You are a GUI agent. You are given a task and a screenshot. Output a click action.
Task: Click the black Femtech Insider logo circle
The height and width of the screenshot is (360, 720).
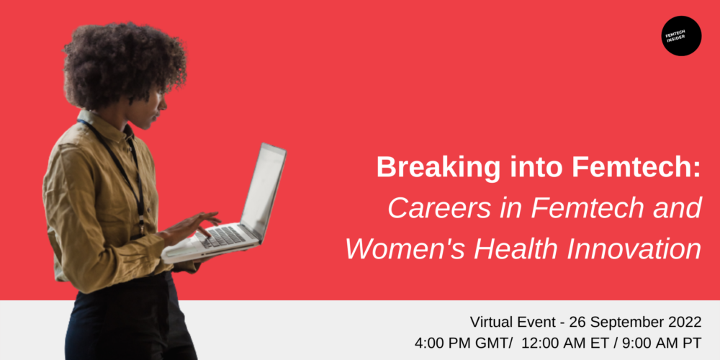point(681,36)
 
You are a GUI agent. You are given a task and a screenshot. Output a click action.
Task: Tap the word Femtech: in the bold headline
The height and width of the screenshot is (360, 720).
point(637,168)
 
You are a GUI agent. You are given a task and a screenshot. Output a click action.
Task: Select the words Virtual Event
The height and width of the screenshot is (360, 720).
point(513,322)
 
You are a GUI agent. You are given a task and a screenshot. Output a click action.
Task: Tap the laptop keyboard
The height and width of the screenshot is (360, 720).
point(224,235)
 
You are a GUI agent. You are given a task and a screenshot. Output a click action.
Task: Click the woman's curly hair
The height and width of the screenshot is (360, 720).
point(123,64)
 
